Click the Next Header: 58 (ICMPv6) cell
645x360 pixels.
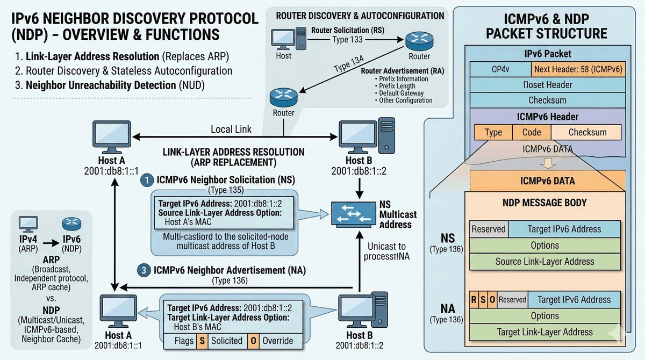pyautogui.click(x=576, y=69)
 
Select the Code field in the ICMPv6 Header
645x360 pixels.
pyautogui.click(x=531, y=132)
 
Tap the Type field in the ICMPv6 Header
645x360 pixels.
pyautogui.click(x=493, y=132)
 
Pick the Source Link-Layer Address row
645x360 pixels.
pyautogui.click(x=545, y=261)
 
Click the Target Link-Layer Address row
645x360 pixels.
pyautogui.click(x=545, y=332)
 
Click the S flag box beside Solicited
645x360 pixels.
pyautogui.click(x=202, y=341)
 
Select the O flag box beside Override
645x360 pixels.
pyautogui.click(x=253, y=341)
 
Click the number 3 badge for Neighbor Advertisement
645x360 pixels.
pyautogui.click(x=144, y=271)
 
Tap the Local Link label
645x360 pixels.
pyautogui.click(x=231, y=129)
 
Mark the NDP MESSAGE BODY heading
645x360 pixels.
pyautogui.click(x=545, y=203)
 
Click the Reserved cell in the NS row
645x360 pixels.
pyautogui.click(x=489, y=229)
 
